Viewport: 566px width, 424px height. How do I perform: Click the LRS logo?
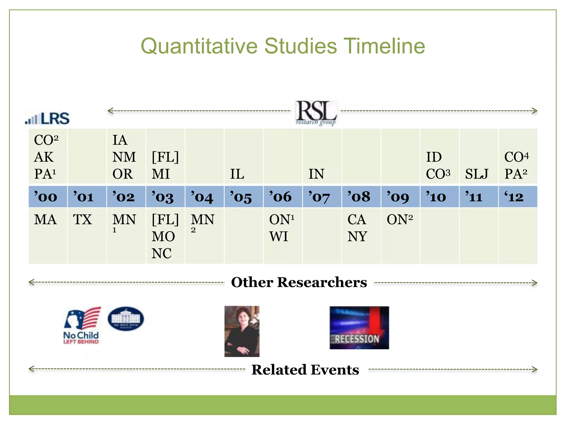47,118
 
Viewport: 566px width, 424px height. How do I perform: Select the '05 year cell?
241,197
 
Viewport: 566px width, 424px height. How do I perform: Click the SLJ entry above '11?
476,174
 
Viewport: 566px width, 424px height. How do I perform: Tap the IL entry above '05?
237,174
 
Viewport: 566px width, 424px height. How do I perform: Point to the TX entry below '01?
82,220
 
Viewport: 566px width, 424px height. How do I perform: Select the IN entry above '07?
316,174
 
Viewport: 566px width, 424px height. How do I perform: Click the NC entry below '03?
161,253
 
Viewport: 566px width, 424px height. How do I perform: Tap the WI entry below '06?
279,237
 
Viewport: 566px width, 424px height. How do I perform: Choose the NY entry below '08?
357,237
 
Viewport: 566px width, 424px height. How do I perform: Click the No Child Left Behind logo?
81,326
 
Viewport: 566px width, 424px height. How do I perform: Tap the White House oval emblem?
126,319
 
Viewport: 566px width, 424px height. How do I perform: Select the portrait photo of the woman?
242,331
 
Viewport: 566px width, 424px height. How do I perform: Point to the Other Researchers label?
299,282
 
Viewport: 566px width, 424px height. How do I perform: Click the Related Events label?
305,370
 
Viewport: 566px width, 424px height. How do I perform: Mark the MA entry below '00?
45,220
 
